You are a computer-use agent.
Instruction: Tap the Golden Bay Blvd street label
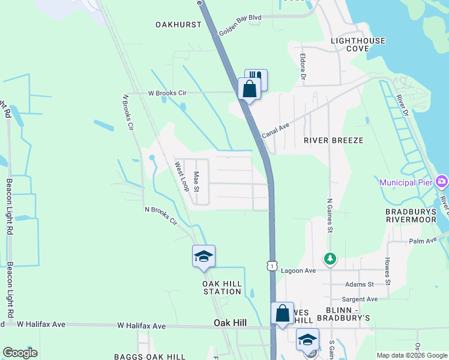click(240, 25)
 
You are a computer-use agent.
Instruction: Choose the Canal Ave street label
click(276, 128)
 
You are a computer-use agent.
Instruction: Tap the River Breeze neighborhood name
click(333, 140)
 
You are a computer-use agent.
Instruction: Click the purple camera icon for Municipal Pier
click(442, 181)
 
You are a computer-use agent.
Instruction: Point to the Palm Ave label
click(422, 241)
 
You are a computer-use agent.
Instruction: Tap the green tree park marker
click(330, 259)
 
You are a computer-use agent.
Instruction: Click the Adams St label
click(360, 284)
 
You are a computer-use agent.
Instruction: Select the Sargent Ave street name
click(360, 299)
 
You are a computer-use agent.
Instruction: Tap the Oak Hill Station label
click(221, 287)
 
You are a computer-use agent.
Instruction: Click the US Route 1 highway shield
click(272, 265)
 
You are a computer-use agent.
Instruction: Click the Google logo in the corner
click(20, 353)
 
